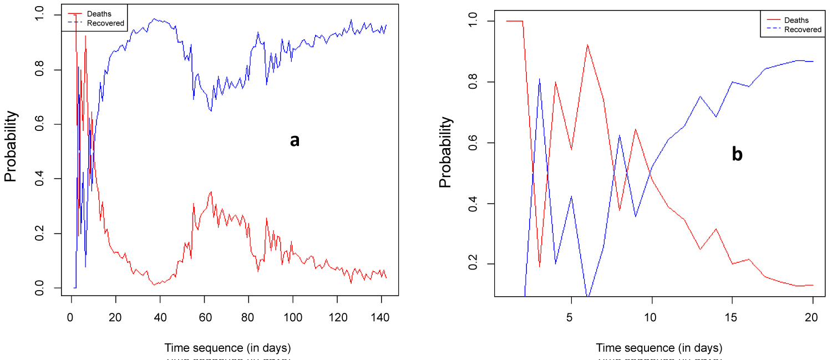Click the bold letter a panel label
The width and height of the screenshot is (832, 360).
[x=295, y=141]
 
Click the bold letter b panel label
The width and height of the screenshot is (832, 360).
[x=737, y=154]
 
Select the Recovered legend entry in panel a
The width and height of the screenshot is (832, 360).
[x=105, y=23]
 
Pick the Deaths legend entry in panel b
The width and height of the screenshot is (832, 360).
[x=796, y=21]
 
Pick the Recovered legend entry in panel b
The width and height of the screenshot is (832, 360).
[x=803, y=29]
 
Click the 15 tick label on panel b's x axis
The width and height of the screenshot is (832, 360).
[x=732, y=318]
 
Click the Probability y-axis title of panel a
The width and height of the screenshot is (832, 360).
[x=12, y=146]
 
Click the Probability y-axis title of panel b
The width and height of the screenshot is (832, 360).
[x=445, y=152]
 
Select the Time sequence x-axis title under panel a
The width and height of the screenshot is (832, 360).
[x=227, y=348]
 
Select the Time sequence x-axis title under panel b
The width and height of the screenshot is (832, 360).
[x=659, y=348]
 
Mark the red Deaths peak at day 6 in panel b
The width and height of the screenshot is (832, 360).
[x=587, y=45]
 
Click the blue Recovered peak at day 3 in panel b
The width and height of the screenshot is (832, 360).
[x=539, y=79]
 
